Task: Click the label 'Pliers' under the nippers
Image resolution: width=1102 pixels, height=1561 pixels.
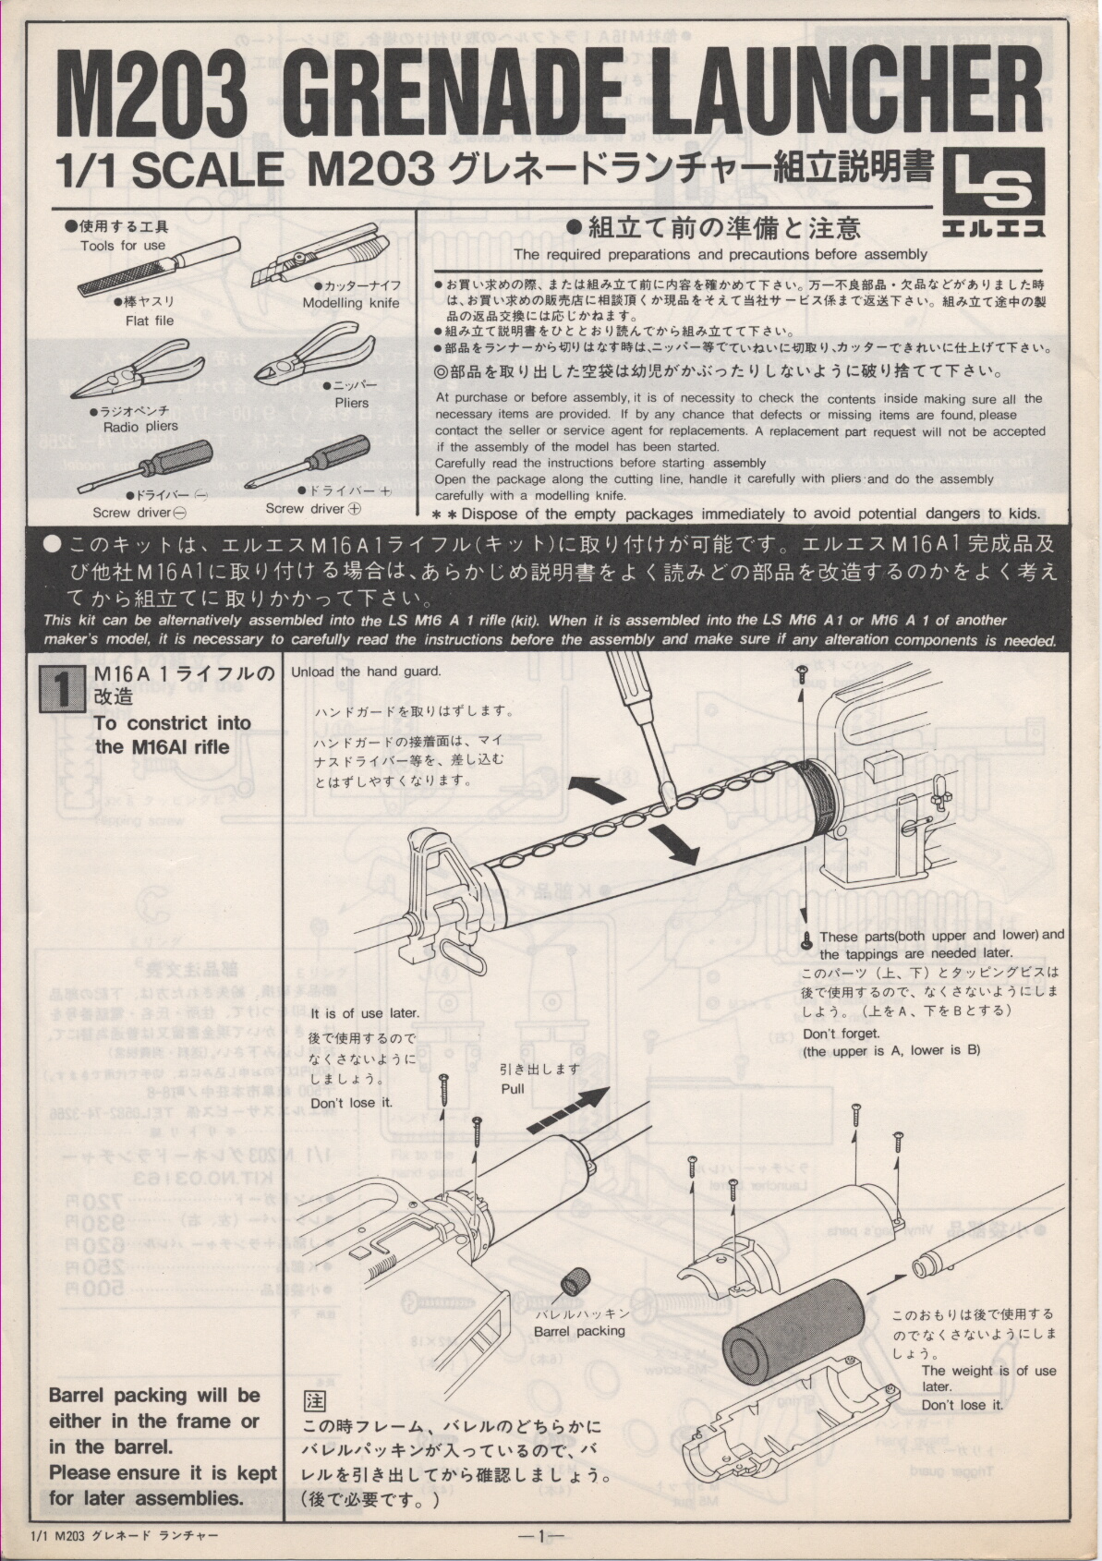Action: pos(352,403)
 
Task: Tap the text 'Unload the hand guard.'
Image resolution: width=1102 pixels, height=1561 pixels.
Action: pos(366,672)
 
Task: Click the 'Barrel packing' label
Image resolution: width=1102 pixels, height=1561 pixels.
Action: pos(579,1331)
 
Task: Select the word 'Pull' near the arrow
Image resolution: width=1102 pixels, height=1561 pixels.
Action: pos(513,1088)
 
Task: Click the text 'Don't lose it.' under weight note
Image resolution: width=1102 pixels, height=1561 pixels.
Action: pos(962,1405)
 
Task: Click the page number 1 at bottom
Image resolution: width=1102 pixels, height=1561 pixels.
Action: pos(542,1537)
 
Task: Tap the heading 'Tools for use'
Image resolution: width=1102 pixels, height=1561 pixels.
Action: pos(123,245)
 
